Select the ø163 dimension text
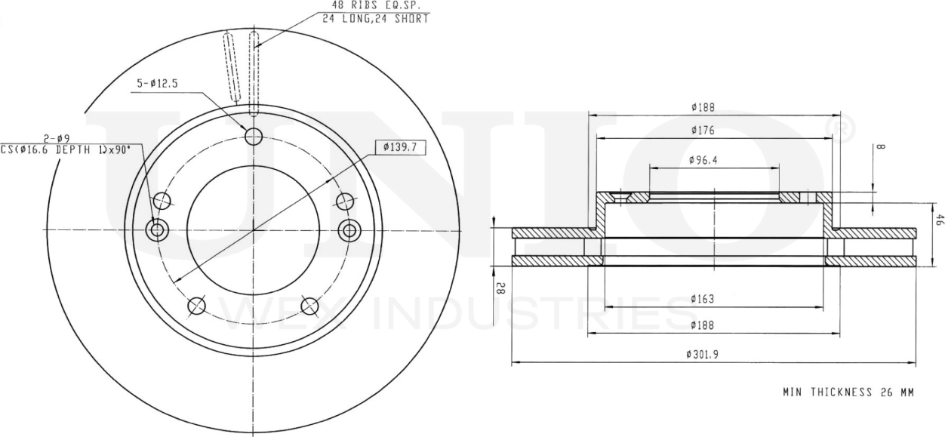[702, 299]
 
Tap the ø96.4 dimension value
[703, 160]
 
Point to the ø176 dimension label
[702, 131]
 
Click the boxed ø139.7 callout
[400, 147]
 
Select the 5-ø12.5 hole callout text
[157, 84]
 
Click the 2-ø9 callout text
[57, 138]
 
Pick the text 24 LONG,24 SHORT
[375, 18]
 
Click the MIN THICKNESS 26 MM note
[848, 392]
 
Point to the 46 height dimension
[940, 220]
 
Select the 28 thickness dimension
[500, 287]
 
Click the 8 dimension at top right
[881, 148]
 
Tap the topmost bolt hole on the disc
[254, 137]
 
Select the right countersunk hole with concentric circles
[349, 229]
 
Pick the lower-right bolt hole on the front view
[309, 305]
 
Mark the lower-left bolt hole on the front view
[196, 306]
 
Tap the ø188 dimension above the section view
[702, 107]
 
